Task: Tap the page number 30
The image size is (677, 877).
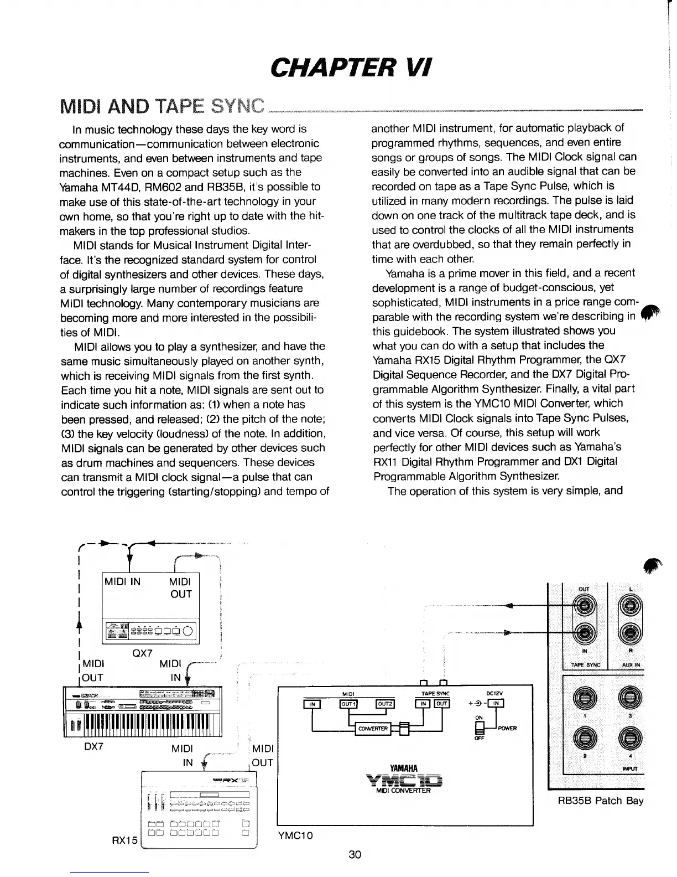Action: tap(355, 854)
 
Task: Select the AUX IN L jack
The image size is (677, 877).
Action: tap(631, 605)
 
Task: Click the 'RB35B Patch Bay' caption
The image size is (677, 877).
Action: tap(600, 801)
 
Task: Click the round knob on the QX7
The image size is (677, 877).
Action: tap(188, 633)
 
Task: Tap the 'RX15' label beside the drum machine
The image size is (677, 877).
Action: tap(124, 840)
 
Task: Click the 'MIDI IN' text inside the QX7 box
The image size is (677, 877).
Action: tap(122, 581)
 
